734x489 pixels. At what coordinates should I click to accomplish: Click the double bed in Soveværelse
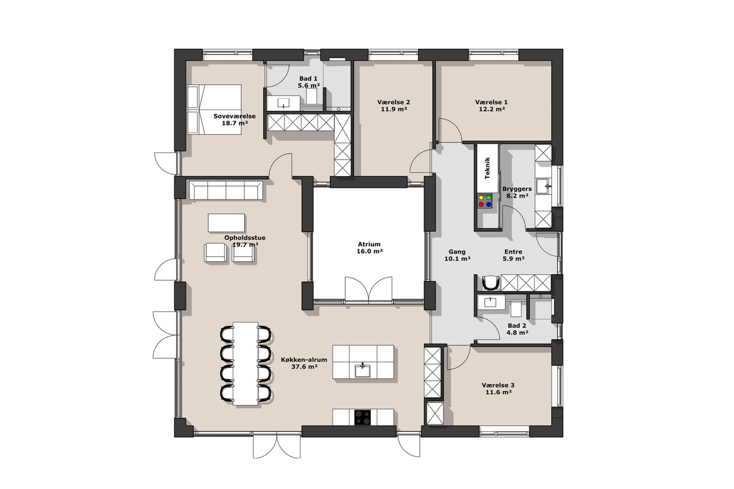click(214, 109)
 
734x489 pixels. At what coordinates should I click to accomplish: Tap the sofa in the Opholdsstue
click(226, 190)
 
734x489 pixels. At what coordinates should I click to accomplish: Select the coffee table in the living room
click(226, 222)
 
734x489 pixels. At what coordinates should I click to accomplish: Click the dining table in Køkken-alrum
click(245, 363)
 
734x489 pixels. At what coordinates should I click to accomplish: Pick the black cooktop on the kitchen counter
click(363, 417)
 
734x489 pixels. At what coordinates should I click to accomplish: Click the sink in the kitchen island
click(363, 370)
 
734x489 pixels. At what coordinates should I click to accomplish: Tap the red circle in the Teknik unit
click(481, 205)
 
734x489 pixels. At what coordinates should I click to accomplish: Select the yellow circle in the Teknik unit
click(481, 197)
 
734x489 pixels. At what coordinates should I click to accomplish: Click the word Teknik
click(487, 168)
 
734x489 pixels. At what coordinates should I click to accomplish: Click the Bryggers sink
click(543, 186)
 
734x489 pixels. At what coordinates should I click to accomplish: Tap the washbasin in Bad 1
click(283, 103)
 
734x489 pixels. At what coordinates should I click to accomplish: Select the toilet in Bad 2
click(516, 309)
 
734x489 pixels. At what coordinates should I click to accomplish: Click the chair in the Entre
click(491, 282)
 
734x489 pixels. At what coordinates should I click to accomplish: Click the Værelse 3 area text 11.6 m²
click(498, 392)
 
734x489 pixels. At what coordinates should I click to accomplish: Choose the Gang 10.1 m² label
click(457, 255)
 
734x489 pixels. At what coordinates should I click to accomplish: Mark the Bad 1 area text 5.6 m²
click(309, 86)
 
